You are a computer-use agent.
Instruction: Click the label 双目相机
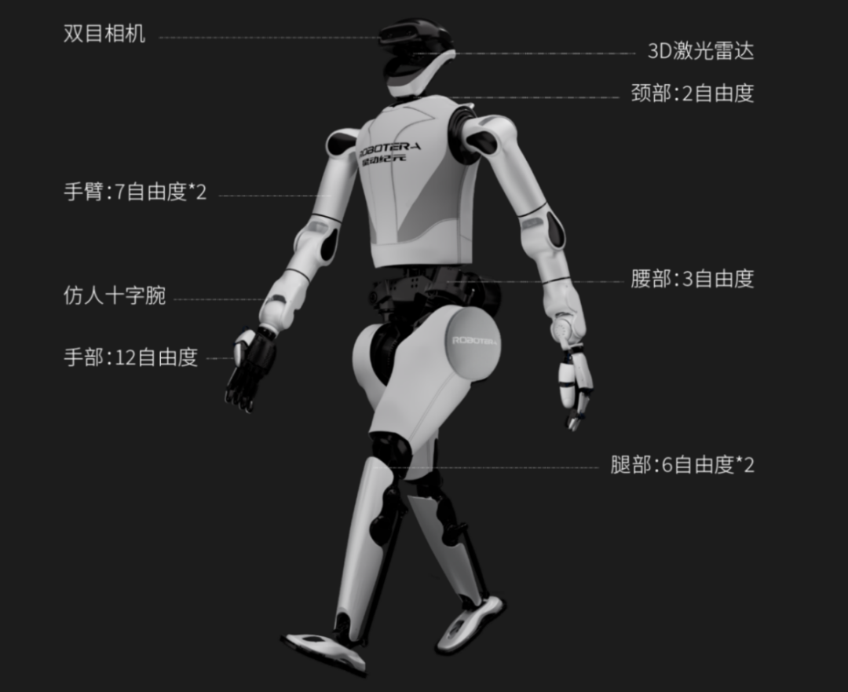pyautogui.click(x=104, y=35)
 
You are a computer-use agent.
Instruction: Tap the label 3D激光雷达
pyautogui.click(x=700, y=53)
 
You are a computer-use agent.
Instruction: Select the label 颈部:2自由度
pyautogui.click(x=692, y=93)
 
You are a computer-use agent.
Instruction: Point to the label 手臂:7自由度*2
pyautogui.click(x=135, y=192)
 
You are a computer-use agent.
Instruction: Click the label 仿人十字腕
pyautogui.click(x=115, y=296)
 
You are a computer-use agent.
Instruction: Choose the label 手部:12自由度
pyautogui.click(x=130, y=357)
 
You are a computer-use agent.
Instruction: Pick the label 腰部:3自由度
pyautogui.click(x=692, y=279)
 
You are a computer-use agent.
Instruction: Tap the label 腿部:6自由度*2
pyautogui.click(x=682, y=465)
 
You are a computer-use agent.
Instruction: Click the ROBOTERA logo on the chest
pyautogui.click(x=390, y=148)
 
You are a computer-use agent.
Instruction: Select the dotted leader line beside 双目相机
pyautogui.click(x=267, y=37)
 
